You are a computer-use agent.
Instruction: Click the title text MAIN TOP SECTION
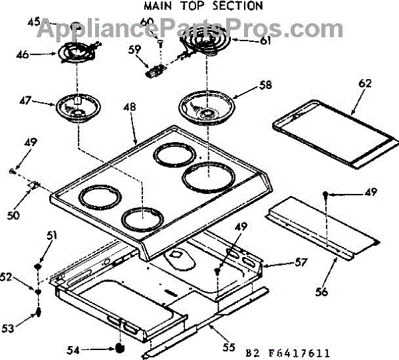click(203, 6)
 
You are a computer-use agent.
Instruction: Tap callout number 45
click(34, 23)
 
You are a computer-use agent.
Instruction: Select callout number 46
click(23, 55)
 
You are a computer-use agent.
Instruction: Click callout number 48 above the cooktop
click(130, 107)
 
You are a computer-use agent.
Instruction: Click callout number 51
click(52, 234)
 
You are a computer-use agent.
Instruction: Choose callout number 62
click(364, 83)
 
